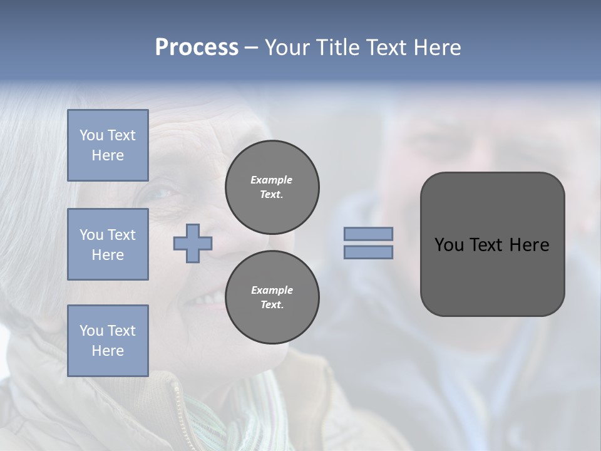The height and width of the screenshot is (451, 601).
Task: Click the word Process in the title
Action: click(197, 48)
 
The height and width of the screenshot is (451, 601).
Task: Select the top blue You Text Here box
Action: click(108, 145)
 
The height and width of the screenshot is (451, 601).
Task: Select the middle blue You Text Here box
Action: click(108, 244)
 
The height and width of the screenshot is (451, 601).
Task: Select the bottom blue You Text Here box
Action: click(108, 340)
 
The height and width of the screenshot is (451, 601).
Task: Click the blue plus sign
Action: click(193, 243)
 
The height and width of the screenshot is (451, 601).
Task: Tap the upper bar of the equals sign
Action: click(369, 234)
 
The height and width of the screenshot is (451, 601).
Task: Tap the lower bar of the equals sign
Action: click(369, 252)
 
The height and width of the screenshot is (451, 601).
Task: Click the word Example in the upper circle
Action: click(272, 180)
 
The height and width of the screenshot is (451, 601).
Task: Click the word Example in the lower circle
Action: click(272, 290)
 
